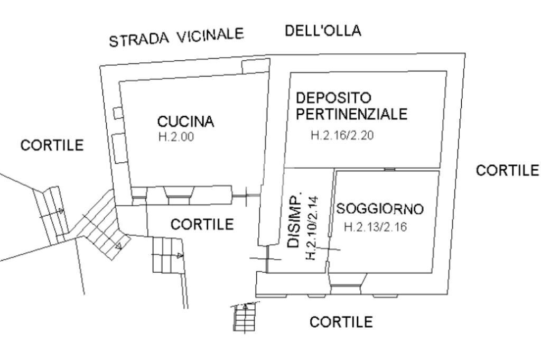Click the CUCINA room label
pyautogui.click(x=185, y=122)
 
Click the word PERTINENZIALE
pyautogui.click(x=351, y=114)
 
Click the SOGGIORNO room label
pyautogui.click(x=380, y=209)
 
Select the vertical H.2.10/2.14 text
pyautogui.click(x=311, y=228)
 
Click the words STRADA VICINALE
pyautogui.click(x=176, y=38)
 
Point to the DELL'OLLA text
pyautogui.click(x=323, y=31)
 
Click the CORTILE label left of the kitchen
pyautogui.click(x=52, y=145)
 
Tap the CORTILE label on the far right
pyautogui.click(x=507, y=170)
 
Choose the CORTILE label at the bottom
pyautogui.click(x=341, y=321)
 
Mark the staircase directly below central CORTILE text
pyautogui.click(x=167, y=255)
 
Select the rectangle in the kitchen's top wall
pyautogui.click(x=254, y=67)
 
